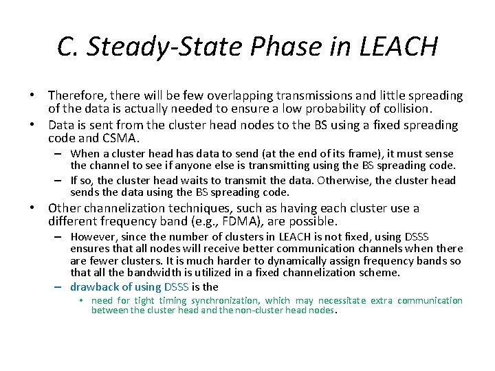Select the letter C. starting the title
[67, 47]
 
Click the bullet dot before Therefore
[40, 95]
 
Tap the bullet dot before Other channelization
[40, 208]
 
